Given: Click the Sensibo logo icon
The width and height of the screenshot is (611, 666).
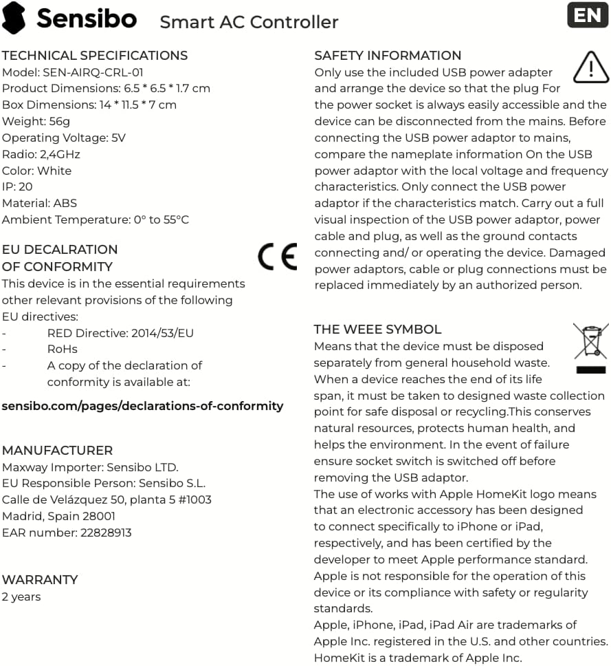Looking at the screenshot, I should tap(14, 18).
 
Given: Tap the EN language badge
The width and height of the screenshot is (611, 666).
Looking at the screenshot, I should tap(588, 16).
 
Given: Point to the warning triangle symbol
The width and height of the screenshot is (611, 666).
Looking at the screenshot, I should tap(590, 67).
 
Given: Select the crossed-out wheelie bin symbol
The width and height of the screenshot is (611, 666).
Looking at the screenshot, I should tap(590, 347).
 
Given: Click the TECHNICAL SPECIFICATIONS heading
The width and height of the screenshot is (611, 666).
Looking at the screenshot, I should tap(95, 56).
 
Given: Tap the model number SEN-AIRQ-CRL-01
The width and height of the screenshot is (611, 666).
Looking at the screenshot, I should tap(93, 72).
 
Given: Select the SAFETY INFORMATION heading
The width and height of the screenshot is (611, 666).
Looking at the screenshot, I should tap(388, 56).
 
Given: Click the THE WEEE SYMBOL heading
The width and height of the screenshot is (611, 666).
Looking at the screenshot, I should tap(377, 330).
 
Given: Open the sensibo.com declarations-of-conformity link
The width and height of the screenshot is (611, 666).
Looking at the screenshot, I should tap(142, 406).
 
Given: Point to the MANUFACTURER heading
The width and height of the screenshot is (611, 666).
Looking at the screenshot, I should tap(57, 451).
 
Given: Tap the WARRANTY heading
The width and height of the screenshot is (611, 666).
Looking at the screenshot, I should tap(40, 580).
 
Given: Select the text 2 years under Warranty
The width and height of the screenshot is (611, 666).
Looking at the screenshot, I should tap(21, 597).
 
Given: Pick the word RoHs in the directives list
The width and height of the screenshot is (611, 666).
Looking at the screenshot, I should tap(63, 350).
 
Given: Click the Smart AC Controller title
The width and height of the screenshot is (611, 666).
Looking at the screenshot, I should tap(249, 22).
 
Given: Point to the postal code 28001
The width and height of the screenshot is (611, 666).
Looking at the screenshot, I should tap(98, 516).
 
